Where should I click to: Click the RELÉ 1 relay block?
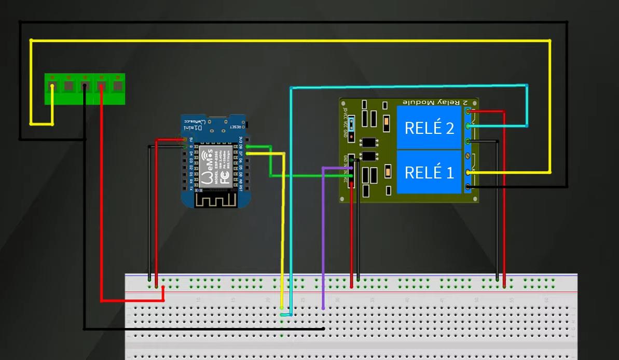coord(429,172)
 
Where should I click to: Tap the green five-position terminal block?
coord(85,88)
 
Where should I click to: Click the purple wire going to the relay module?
coord(323,233)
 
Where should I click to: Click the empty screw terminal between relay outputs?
coord(469,156)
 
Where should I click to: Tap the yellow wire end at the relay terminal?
coord(469,172)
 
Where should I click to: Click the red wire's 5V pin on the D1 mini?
coord(183,140)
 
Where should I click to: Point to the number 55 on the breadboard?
coord(512,300)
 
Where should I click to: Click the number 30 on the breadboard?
coord(337,300)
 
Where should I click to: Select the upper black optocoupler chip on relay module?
coord(369,142)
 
